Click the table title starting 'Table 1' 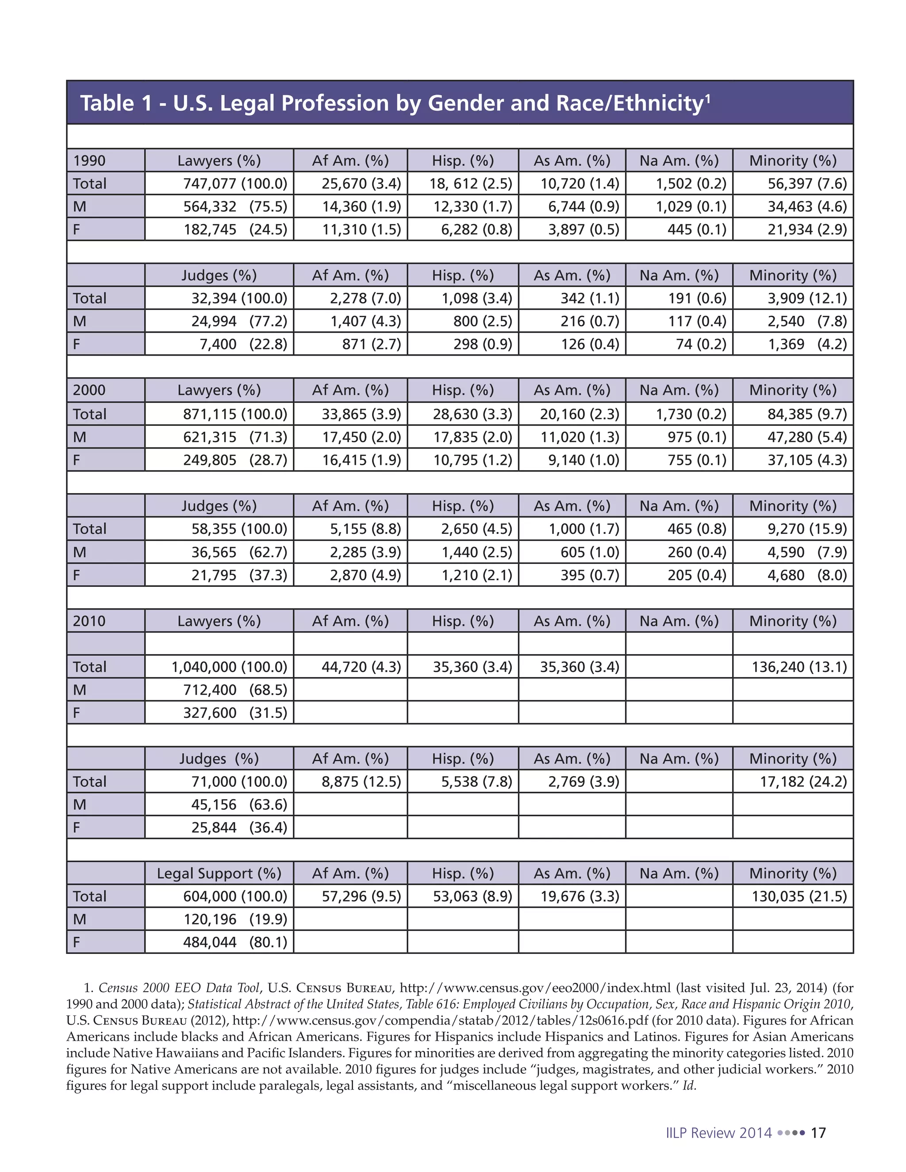[395, 103]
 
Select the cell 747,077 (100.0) [235, 184]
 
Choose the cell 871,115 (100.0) [235, 414]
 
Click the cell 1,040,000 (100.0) [229, 666]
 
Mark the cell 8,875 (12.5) [361, 781]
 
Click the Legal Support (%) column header [219, 873]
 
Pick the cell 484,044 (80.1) [235, 942]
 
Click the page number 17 [818, 1133]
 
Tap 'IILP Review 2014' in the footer [718, 1133]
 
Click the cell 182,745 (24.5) [235, 230]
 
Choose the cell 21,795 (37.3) [239, 575]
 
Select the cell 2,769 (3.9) [583, 781]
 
